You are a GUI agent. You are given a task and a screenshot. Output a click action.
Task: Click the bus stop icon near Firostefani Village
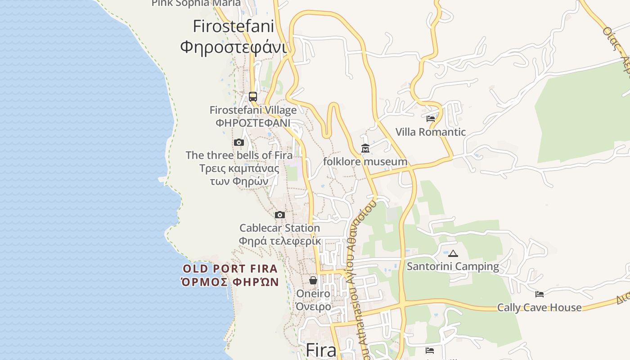pyautogui.click(x=253, y=96)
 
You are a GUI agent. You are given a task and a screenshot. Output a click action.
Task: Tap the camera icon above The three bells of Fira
pyautogui.click(x=238, y=143)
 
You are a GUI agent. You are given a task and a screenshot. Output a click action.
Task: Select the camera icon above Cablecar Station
pyautogui.click(x=279, y=215)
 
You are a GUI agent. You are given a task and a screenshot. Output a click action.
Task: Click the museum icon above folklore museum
pyautogui.click(x=365, y=148)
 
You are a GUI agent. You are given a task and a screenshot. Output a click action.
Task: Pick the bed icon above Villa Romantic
pyautogui.click(x=431, y=119)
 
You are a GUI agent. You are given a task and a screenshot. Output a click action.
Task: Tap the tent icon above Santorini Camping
pyautogui.click(x=453, y=253)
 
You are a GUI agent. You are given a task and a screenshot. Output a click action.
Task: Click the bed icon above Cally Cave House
pyautogui.click(x=540, y=294)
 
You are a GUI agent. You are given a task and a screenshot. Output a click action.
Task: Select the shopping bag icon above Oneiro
pyautogui.click(x=313, y=280)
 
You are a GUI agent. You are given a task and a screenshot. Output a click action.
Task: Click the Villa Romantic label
pyautogui.click(x=431, y=132)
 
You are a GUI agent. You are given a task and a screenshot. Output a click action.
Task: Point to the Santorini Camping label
pyautogui.click(x=453, y=266)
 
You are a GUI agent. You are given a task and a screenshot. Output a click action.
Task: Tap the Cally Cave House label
pyautogui.click(x=539, y=307)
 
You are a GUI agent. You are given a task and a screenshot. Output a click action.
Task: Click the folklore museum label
pyautogui.click(x=365, y=162)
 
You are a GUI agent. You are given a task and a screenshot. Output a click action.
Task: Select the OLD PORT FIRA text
pyautogui.click(x=230, y=269)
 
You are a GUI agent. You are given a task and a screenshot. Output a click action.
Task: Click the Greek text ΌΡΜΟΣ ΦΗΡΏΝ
pyautogui.click(x=230, y=282)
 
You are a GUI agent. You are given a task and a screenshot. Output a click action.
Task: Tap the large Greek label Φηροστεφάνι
pyautogui.click(x=233, y=47)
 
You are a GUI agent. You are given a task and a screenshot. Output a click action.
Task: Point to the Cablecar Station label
pyautogui.click(x=279, y=228)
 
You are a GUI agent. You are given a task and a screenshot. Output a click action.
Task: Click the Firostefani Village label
pyautogui.click(x=253, y=110)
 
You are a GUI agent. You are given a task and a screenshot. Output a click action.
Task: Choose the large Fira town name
pyautogui.click(x=321, y=350)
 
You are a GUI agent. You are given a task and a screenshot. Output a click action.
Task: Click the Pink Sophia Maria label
pyautogui.click(x=196, y=4)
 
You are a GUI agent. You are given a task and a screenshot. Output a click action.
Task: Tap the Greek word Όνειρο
pyautogui.click(x=313, y=306)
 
